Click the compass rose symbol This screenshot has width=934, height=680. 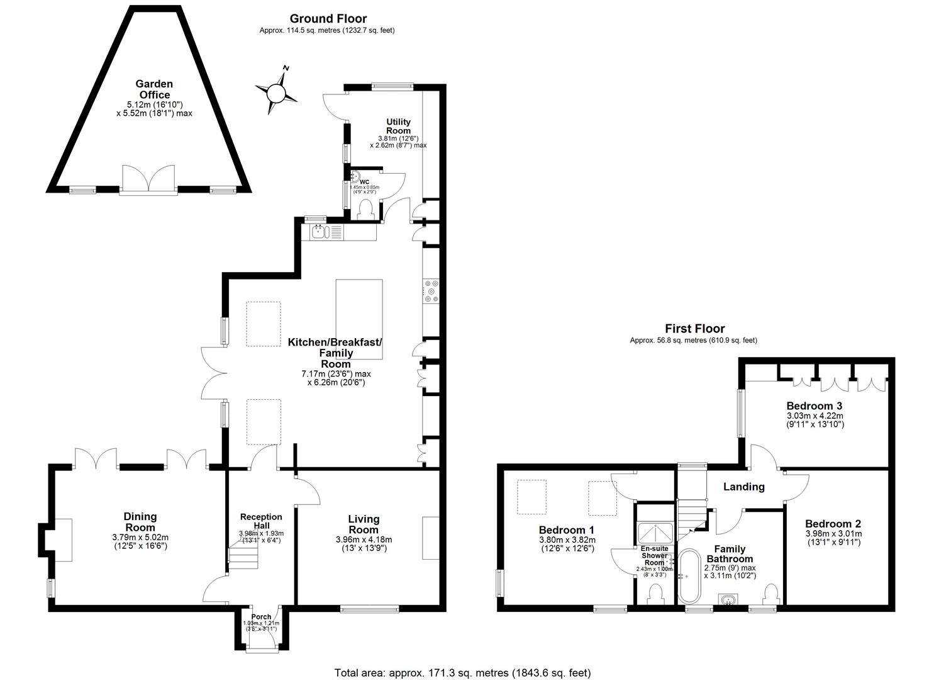click(276, 93)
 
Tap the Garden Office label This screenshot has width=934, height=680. click(154, 89)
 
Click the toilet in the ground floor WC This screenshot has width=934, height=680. click(365, 209)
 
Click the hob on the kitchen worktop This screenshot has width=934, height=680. click(431, 291)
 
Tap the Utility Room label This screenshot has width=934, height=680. click(398, 126)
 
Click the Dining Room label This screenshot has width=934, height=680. click(140, 522)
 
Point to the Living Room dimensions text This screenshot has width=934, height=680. click(364, 543)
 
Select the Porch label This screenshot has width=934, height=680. click(261, 617)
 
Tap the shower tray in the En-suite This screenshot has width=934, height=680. click(655, 533)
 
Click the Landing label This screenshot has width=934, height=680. click(743, 487)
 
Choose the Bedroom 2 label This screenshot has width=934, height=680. click(833, 524)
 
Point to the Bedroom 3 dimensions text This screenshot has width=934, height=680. click(814, 420)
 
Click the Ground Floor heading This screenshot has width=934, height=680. click(328, 19)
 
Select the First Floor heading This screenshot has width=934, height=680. click(694, 329)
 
